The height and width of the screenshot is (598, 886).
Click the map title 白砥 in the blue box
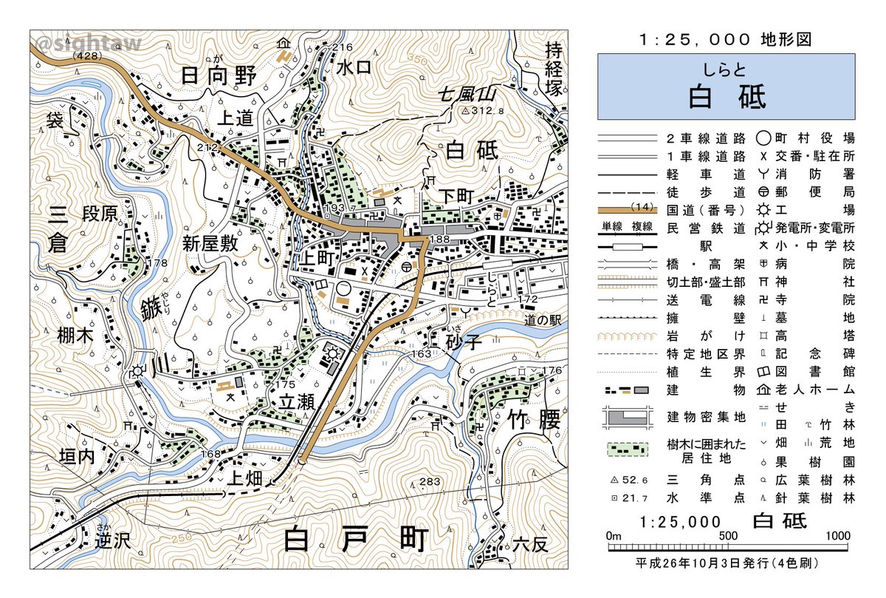(727, 97)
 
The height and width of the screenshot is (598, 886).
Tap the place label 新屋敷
(211, 243)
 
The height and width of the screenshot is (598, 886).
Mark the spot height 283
(429, 483)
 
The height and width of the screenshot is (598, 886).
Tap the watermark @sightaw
(88, 46)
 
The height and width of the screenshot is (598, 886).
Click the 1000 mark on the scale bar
(837, 536)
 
